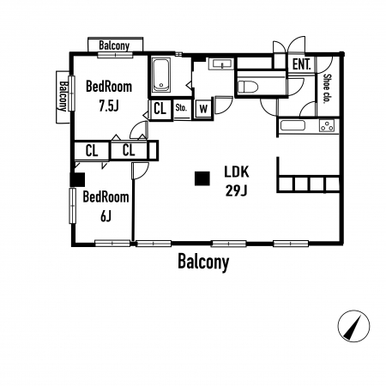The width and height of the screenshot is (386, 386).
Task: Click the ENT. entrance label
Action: point(302,64)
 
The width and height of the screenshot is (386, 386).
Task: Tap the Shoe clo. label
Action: point(327,88)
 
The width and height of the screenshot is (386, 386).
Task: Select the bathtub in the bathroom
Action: point(161,75)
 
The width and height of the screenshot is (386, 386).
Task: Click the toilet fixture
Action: point(248,86)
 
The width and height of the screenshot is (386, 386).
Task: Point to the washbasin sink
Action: point(221,63)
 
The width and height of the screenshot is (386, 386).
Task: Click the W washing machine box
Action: point(203,108)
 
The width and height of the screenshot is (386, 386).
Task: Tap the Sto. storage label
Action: point(181,108)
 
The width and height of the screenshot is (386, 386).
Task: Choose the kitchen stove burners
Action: point(327,125)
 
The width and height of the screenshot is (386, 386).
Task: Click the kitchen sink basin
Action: point(293,125)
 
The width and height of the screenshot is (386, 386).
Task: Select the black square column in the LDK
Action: point(202,178)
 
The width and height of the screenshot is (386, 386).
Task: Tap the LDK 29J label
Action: point(237,181)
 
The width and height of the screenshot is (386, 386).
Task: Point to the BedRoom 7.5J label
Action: point(109,96)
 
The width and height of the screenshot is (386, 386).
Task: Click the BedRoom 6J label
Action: point(106,207)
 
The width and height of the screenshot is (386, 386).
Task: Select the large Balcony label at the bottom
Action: point(203,262)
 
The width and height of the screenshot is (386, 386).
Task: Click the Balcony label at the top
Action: point(114,45)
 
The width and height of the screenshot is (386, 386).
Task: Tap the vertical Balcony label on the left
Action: point(63,96)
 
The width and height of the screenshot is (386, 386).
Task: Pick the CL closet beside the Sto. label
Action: point(160,108)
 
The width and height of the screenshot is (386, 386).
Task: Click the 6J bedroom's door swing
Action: point(141,171)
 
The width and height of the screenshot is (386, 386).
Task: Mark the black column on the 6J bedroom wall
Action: point(77,179)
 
